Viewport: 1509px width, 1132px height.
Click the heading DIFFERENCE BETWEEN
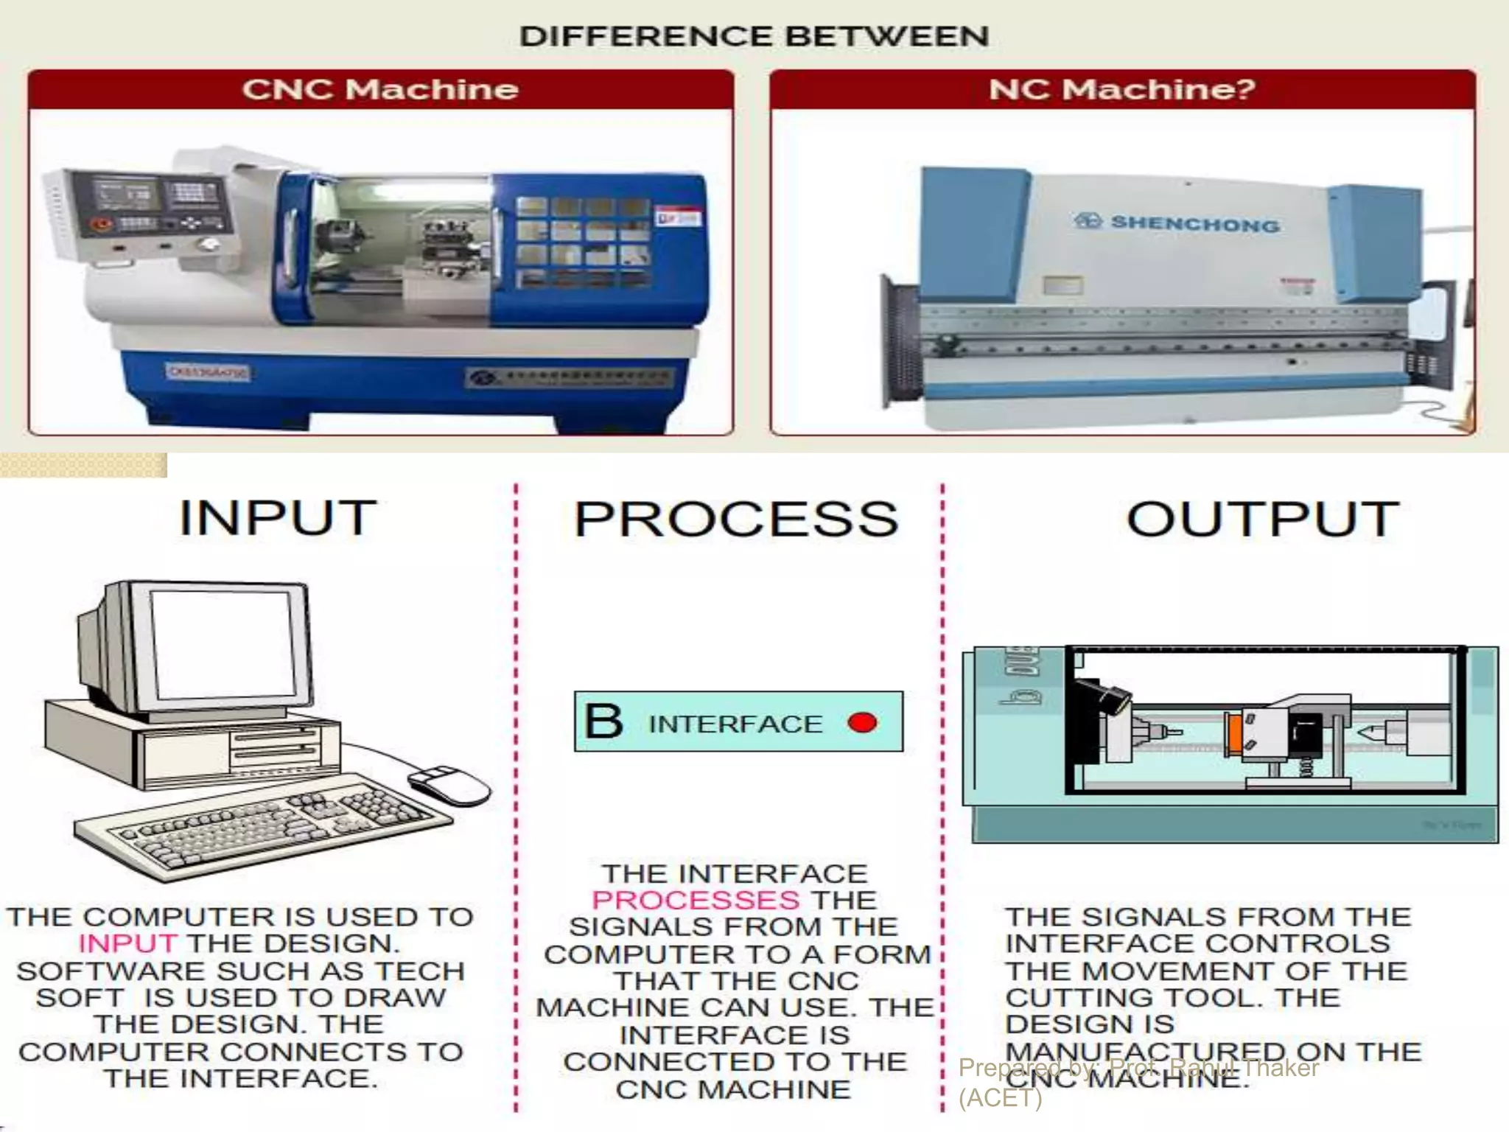coord(754,36)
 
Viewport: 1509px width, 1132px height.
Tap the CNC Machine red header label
coord(380,89)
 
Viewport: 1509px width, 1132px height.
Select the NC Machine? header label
coord(1121,89)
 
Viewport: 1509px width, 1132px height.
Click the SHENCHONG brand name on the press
coord(1194,223)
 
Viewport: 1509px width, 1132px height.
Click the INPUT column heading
coord(278,518)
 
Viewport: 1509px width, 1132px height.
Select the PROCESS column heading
coord(736,520)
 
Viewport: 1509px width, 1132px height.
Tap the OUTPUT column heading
coord(1262,520)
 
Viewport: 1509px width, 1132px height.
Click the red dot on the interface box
coord(862,722)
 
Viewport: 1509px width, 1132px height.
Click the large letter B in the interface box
coord(603,722)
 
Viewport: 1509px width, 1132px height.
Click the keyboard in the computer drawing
coord(265,829)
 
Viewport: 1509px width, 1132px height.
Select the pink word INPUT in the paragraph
coord(127,943)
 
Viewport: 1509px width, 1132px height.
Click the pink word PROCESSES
coord(695,900)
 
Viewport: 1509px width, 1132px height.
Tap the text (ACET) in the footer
coord(1000,1098)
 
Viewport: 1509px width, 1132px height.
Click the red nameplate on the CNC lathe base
coord(209,373)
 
